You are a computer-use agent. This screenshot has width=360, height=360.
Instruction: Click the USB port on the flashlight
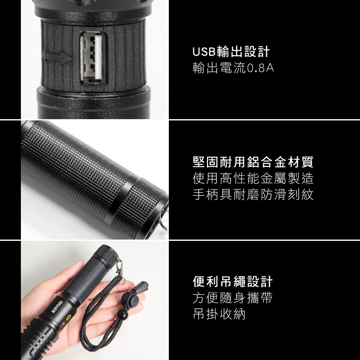(94, 58)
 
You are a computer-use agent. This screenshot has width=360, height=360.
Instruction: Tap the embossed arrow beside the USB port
(57, 57)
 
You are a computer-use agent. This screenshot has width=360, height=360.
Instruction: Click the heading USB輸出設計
(231, 51)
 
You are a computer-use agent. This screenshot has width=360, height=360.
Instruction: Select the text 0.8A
(261, 68)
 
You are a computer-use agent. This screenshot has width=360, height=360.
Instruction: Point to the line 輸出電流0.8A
(234, 68)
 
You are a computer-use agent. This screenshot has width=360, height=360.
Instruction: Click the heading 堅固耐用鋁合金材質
(253, 162)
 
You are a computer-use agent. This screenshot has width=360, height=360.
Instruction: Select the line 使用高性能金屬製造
(253, 179)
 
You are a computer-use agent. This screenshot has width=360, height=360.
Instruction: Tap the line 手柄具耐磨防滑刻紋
(253, 194)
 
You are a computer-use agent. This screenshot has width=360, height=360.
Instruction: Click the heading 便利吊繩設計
(233, 282)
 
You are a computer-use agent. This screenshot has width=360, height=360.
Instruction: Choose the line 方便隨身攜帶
(233, 298)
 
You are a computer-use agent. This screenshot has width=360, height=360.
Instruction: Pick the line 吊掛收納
(219, 314)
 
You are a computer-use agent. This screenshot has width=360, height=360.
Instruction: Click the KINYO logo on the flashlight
(57, 307)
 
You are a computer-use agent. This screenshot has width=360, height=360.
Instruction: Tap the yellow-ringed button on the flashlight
(68, 318)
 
